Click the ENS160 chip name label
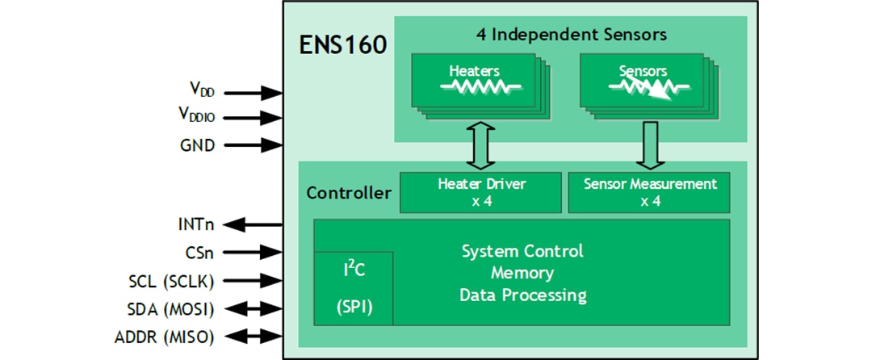pos(343,45)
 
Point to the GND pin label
pos(198,146)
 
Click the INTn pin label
pos(197,224)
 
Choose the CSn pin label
pos(199,252)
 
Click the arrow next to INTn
pos(250,224)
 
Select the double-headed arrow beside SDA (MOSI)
pos(250,308)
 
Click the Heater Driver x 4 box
pos(481,192)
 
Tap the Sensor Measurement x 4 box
pos(650,192)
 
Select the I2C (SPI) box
pos(354,287)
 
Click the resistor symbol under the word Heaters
pos(475,86)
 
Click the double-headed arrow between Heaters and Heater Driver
pos(480,146)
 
